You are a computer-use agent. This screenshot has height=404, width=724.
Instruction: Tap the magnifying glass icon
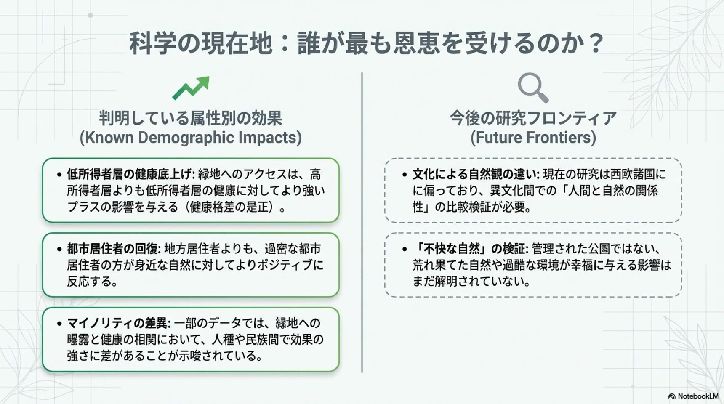pyautogui.click(x=533, y=88)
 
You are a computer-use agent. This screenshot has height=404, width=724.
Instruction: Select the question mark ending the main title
pyautogui.click(x=595, y=43)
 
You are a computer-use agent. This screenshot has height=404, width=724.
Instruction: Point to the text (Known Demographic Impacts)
pyautogui.click(x=191, y=138)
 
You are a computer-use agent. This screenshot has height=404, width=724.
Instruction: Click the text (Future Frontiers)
pyautogui.click(x=533, y=138)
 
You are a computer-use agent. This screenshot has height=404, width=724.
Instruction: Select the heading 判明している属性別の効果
pyautogui.click(x=191, y=118)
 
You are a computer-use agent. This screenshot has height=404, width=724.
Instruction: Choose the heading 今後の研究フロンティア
pyautogui.click(x=533, y=118)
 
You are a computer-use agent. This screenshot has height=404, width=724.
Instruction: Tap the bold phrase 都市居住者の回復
pyautogui.click(x=113, y=248)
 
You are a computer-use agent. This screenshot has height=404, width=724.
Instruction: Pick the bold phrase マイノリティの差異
pyautogui.click(x=118, y=323)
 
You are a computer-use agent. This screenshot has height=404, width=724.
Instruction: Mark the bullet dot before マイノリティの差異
pyautogui.click(x=59, y=323)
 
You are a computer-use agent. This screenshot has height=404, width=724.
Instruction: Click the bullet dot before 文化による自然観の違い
pyautogui.click(x=405, y=174)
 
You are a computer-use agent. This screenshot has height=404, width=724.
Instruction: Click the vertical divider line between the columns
pyautogui.click(x=362, y=222)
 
